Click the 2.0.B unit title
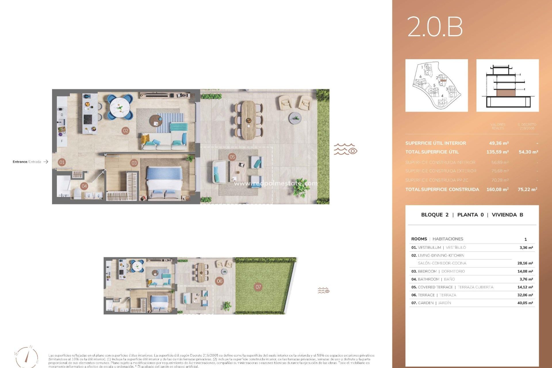click(x=435, y=27)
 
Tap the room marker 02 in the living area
click(x=126, y=131)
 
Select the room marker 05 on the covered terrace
click(x=232, y=157)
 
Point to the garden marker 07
click(x=258, y=287)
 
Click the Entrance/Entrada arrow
click(x=46, y=162)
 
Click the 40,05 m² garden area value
click(x=525, y=303)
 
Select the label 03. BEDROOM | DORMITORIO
click(x=438, y=271)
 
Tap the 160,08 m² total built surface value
click(x=497, y=189)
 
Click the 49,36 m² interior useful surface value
click(x=499, y=143)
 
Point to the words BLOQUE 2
click(x=435, y=215)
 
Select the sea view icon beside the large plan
click(x=345, y=149)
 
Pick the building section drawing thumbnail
click(x=507, y=85)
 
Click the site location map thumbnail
click(x=436, y=85)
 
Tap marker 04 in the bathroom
click(x=84, y=186)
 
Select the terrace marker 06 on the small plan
click(x=220, y=281)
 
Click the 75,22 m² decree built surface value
click(x=527, y=189)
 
